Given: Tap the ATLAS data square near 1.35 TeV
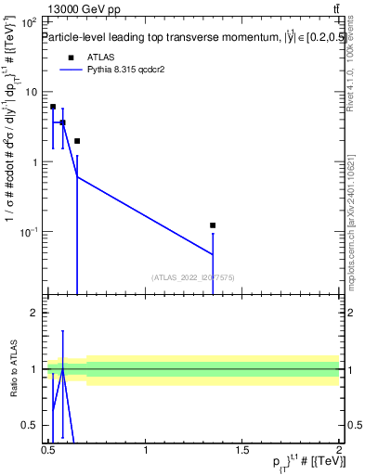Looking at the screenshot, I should (213, 225).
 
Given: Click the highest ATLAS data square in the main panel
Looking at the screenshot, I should (53, 107).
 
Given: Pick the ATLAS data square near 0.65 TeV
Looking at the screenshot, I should (77, 141).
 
